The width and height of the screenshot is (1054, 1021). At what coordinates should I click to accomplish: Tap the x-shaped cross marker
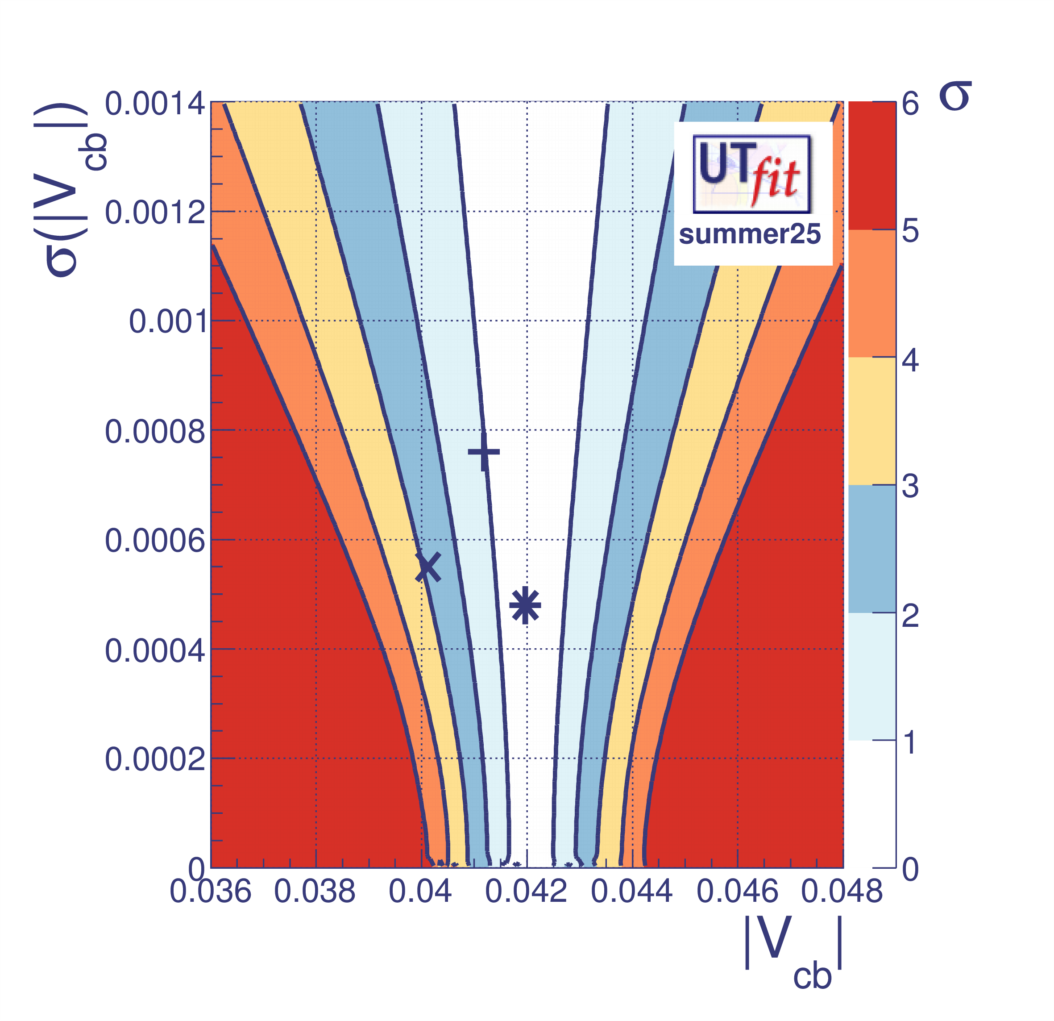click(428, 567)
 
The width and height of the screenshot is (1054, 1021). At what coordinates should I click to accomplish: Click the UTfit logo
click(752, 173)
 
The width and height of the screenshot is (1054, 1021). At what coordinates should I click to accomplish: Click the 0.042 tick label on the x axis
click(526, 892)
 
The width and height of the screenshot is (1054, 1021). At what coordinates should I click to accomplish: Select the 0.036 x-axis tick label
click(210, 892)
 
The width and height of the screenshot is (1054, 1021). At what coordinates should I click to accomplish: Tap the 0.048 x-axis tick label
click(842, 892)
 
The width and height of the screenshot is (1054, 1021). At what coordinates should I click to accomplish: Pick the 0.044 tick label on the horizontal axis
click(631, 892)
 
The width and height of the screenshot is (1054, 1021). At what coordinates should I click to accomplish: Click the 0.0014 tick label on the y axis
click(155, 104)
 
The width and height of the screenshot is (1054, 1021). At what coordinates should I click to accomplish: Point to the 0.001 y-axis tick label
click(168, 322)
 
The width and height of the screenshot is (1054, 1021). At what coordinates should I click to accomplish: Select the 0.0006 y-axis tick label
click(155, 541)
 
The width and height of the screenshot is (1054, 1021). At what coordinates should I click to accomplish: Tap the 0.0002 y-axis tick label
click(155, 759)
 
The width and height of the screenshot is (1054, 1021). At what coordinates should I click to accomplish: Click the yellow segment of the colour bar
click(871, 421)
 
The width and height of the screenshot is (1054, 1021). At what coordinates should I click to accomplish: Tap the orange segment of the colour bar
click(871, 294)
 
